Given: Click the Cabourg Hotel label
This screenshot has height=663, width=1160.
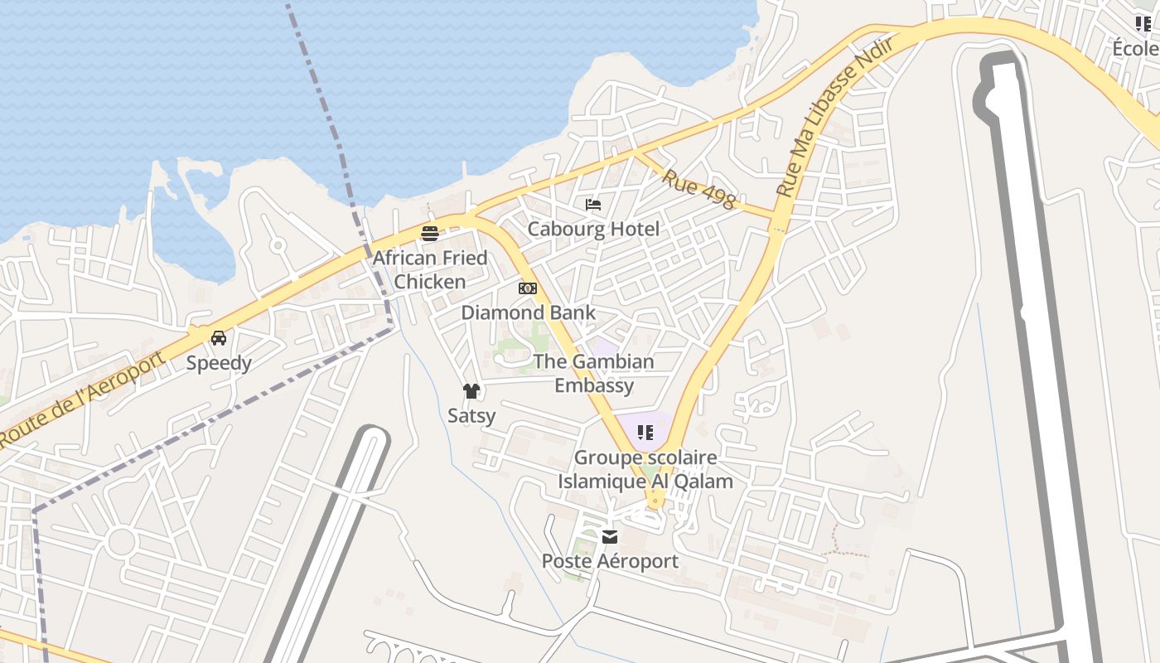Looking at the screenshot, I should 593,229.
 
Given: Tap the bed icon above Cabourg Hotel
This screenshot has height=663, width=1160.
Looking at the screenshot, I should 593,205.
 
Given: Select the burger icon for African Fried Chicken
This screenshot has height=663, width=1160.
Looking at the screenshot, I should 429,234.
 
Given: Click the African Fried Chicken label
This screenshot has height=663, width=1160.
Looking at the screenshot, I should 429,269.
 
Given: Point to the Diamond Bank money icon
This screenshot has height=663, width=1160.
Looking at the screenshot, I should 528,288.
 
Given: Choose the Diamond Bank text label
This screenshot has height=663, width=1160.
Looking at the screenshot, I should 528,312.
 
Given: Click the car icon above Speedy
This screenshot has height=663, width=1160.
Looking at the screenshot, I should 219,338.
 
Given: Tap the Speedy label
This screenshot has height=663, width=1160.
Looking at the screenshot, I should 219,363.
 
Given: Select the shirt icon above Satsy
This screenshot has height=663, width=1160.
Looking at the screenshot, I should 471,391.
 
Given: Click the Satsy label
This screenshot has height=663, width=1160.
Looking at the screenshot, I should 471,415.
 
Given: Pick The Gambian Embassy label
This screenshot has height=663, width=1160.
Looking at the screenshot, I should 593,373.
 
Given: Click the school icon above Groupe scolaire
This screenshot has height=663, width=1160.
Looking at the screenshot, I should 645,432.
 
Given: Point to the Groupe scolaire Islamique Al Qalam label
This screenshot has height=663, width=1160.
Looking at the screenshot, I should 645,469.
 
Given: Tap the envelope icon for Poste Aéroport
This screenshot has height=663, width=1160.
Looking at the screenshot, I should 610,537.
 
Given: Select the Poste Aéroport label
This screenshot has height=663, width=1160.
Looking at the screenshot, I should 610,561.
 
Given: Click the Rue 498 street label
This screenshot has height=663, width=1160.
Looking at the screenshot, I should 698,190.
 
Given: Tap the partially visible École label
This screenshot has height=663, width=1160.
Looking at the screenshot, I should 1136,48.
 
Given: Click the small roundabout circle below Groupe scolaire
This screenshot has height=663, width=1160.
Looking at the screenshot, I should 655,501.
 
